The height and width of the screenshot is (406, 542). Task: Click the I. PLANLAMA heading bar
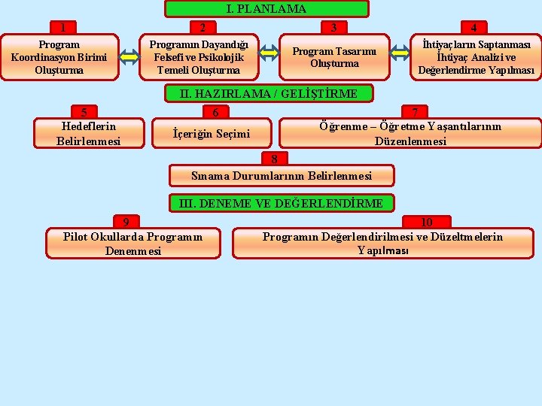tap(266, 9)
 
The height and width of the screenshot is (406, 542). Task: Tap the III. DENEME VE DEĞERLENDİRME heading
tap(281, 202)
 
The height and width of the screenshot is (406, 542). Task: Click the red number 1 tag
tap(63, 28)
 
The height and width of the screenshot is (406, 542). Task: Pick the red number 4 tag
tap(473, 28)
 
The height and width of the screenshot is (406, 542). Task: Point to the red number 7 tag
tap(415, 112)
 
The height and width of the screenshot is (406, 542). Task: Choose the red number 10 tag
tap(426, 222)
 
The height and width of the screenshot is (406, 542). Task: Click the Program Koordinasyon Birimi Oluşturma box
tap(59, 57)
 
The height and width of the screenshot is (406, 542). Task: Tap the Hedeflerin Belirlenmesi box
tap(88, 133)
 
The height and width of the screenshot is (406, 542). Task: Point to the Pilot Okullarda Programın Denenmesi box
tap(133, 244)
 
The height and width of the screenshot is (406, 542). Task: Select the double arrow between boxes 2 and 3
tap(269, 53)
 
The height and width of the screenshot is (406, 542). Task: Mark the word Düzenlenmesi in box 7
tap(410, 141)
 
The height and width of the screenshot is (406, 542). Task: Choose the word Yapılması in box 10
tap(383, 250)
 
